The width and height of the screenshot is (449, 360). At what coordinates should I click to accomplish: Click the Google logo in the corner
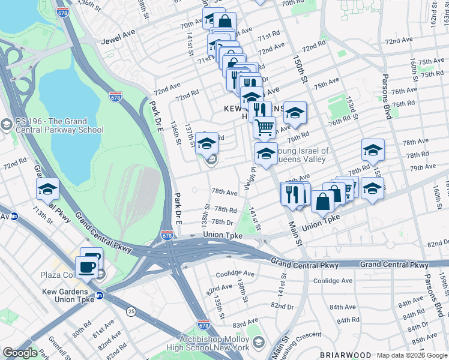coord(20,353)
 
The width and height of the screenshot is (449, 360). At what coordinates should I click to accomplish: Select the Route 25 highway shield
coord(130,310)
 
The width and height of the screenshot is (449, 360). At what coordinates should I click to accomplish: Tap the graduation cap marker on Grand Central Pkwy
coord(47,189)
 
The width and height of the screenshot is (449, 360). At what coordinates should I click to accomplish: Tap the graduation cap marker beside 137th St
coord(206,144)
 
